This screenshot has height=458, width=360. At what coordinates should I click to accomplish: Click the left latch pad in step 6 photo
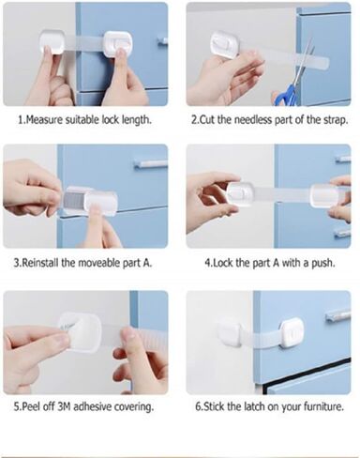229,331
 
